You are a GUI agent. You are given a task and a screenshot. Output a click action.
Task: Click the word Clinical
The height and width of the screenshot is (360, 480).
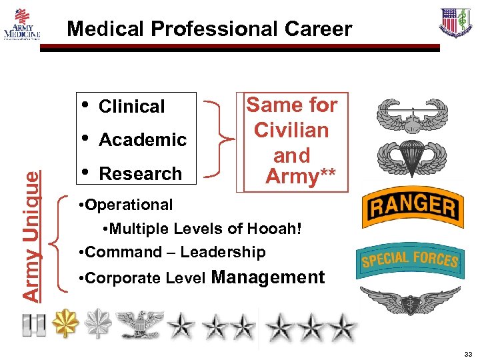[x=131, y=107]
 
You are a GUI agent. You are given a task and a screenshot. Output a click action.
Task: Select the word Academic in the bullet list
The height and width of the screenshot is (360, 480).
[x=142, y=140]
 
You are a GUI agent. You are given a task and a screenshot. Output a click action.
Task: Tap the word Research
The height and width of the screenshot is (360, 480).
[x=140, y=174]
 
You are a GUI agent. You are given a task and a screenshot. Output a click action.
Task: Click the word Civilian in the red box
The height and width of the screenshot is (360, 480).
[x=291, y=130]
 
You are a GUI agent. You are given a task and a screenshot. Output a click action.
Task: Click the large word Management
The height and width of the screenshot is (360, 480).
[x=267, y=277]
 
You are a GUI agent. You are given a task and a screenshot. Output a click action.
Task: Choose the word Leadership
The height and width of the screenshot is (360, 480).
[x=223, y=252]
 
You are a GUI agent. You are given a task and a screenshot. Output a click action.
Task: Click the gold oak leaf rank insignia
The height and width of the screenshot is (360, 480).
[x=66, y=324]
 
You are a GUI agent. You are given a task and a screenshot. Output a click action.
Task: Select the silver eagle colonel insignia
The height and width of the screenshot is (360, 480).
[x=139, y=325]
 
